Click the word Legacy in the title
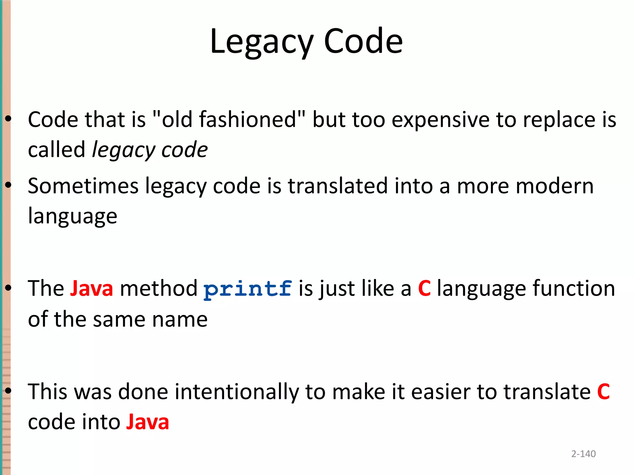262,42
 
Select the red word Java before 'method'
92,289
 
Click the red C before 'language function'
424,289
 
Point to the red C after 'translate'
603,392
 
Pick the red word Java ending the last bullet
147,422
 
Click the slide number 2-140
583,454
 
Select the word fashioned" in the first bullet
252,119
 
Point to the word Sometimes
83,186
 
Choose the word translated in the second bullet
338,186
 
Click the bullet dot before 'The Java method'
8,288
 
